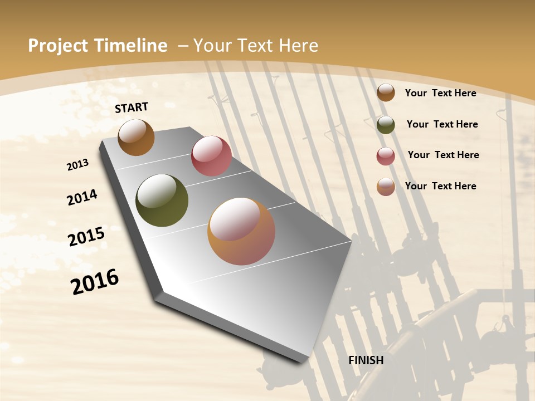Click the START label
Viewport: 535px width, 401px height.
[132, 107]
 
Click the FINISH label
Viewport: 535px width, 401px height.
[366, 360]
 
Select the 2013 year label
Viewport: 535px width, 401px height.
[77, 165]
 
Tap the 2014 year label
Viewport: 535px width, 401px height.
[82, 197]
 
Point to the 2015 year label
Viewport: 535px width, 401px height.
[86, 237]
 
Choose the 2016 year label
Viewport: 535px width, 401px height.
[95, 282]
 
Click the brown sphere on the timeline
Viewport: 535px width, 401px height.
[136, 137]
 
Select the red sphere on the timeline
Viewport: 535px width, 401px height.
[211, 155]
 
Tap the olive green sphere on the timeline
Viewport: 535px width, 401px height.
[162, 200]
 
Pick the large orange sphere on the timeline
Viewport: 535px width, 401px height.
[241, 231]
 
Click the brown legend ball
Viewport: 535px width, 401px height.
[386, 92]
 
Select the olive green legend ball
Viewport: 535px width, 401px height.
[386, 125]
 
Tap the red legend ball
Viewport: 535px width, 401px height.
[386, 156]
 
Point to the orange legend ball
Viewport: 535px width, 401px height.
[386, 187]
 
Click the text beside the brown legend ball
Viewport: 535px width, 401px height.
[440, 93]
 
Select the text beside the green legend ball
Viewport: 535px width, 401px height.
[442, 124]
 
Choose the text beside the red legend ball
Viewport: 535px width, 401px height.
[443, 155]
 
